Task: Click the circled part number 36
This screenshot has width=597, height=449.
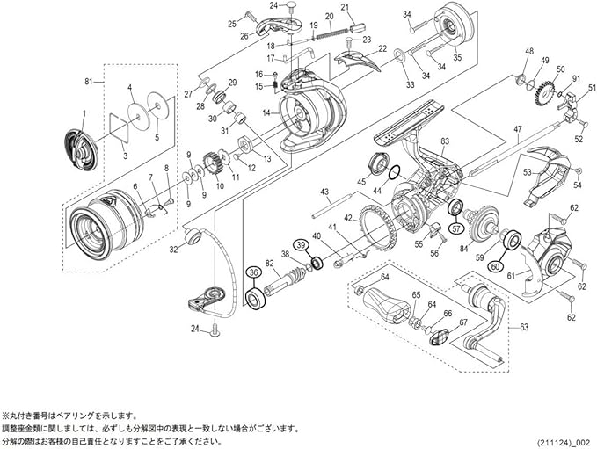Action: [x=253, y=273]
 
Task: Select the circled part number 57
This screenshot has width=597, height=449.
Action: [x=456, y=228]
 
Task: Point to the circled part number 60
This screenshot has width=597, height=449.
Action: [x=495, y=267]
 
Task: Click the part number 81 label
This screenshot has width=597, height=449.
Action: [x=88, y=82]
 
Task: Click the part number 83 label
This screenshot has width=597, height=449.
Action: [x=445, y=141]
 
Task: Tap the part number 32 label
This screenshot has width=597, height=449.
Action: [x=173, y=250]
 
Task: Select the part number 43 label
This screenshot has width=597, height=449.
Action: [x=324, y=192]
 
